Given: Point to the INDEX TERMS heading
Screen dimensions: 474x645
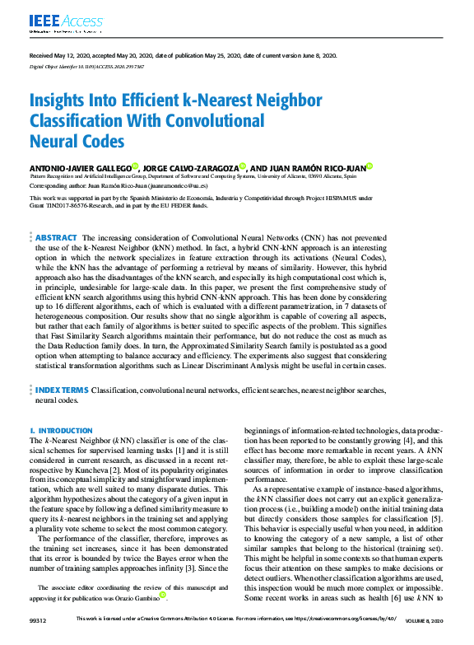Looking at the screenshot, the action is tap(62, 390).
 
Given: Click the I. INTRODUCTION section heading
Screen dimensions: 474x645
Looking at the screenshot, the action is tap(61, 431).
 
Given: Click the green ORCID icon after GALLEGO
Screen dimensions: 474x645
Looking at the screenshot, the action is tap(136, 166).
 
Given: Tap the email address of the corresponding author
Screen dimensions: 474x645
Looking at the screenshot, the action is tap(166, 186).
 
